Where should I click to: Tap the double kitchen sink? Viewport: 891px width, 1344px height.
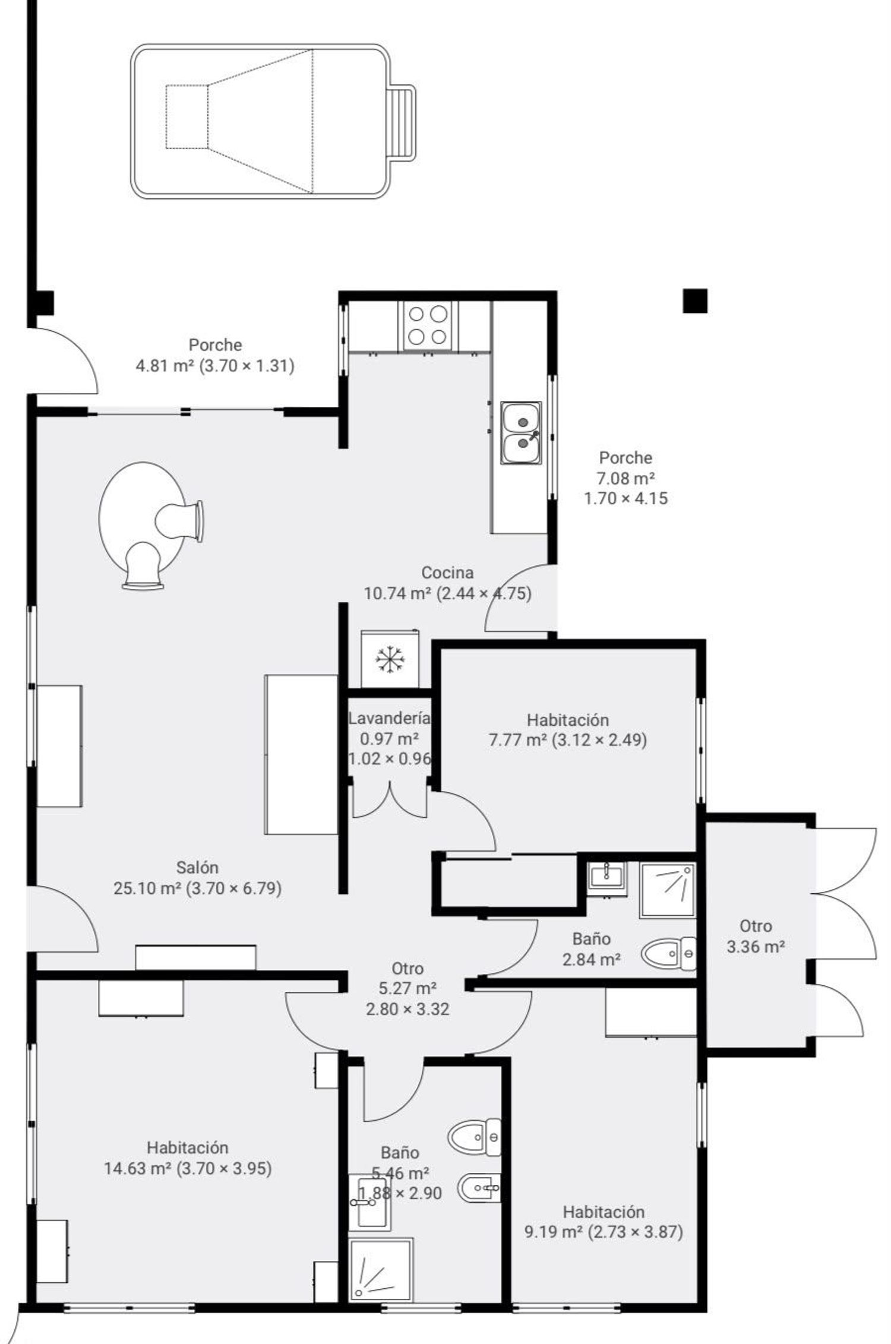[521, 432]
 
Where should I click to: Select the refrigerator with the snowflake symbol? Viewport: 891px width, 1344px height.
[390, 659]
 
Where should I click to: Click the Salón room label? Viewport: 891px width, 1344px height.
[197, 868]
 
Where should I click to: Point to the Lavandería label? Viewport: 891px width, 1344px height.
[389, 718]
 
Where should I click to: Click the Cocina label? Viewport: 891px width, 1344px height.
[447, 573]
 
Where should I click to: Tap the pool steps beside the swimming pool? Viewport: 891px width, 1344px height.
[402, 122]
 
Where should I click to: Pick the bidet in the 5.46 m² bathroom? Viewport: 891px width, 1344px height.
[479, 1188]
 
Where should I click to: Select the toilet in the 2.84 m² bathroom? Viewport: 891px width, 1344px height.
[668, 953]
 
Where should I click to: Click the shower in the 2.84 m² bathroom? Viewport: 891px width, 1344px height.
[668, 890]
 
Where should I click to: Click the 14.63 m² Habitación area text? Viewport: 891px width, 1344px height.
[188, 1168]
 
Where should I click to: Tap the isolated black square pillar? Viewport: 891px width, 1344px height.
[695, 301]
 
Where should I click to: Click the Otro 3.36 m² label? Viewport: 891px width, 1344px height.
[756, 936]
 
